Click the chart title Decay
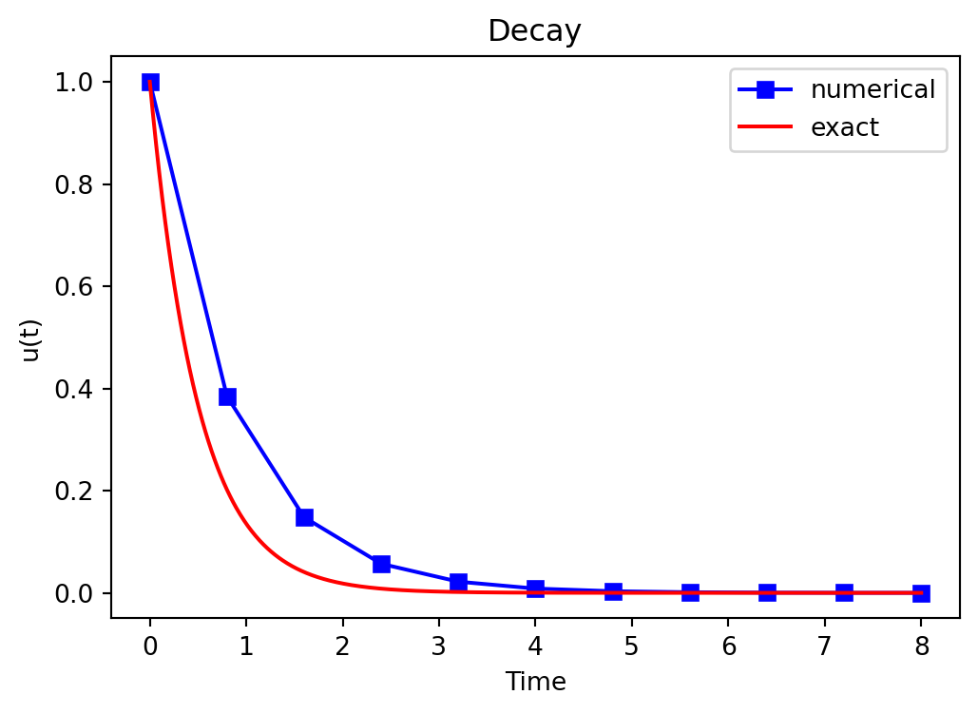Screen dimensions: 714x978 tap(534, 31)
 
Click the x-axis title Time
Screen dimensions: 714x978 tap(535, 681)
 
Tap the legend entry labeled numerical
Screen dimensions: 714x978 tap(873, 89)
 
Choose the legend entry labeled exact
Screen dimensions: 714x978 tap(844, 127)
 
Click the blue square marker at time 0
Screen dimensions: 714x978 tap(150, 82)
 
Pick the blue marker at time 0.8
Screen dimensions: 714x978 tap(227, 396)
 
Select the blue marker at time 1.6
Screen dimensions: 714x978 tap(304, 517)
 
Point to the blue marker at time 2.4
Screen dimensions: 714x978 tap(381, 564)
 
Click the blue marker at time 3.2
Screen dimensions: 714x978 tap(458, 582)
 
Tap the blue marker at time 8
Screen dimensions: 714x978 tap(921, 593)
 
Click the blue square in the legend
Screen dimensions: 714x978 tap(766, 90)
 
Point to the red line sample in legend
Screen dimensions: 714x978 tap(766, 127)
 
